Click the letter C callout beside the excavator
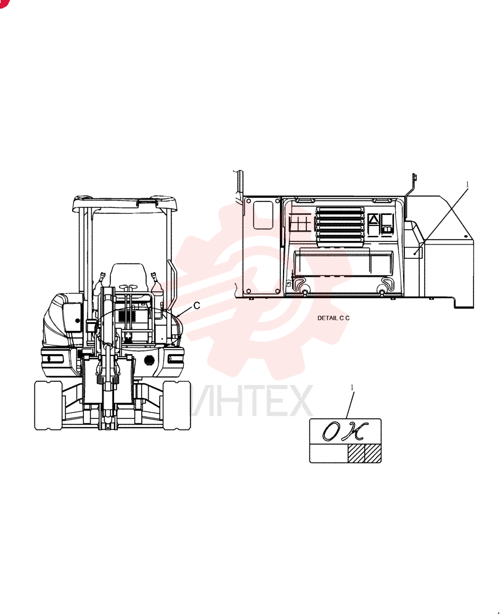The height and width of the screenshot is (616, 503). point(197,306)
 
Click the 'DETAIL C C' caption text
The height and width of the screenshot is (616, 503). point(333,318)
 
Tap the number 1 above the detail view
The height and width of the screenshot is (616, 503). point(467,184)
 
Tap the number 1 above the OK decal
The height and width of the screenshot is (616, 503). point(352,387)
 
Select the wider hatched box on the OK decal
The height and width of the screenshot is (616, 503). point(356,453)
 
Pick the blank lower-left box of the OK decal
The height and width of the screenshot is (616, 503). point(329,453)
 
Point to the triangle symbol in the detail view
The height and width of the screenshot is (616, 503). point(373,220)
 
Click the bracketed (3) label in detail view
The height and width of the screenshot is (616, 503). point(289,283)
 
